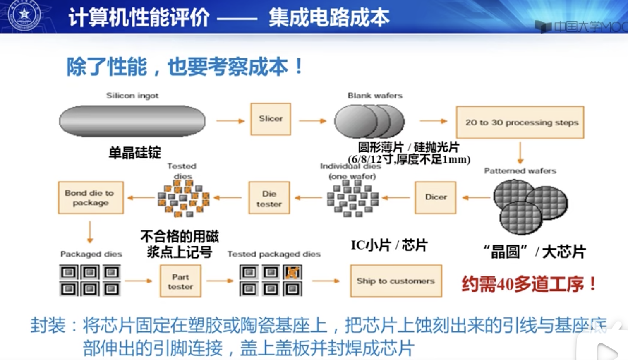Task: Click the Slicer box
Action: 271,119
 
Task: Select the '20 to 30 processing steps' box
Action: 520,122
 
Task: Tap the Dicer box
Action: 436,197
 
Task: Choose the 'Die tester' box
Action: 269,198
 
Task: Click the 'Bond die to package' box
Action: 91,198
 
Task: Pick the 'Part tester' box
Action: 180,281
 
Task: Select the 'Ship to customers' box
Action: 396,281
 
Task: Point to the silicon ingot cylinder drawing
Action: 132,121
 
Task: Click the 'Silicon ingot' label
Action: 132,96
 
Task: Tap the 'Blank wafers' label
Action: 375,96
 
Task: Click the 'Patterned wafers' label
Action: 520,171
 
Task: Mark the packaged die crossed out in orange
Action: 292,272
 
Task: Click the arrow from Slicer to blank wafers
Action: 312,121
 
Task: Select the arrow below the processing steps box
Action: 520,152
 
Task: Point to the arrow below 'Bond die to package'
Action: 90,232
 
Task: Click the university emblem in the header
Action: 24,15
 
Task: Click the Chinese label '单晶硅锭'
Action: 134,153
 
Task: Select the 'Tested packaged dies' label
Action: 274,254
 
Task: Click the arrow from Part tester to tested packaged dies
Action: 220,281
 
